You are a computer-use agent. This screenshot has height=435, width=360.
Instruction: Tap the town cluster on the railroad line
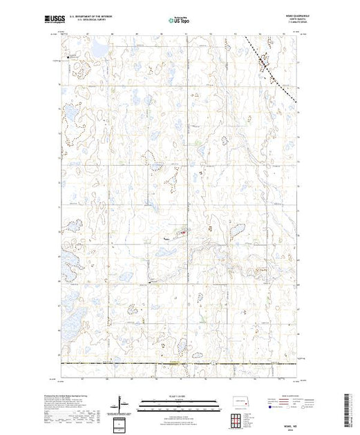(x=263, y=66)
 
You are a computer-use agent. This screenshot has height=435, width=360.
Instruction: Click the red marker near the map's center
(x=182, y=233)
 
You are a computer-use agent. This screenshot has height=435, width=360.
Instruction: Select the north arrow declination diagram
(x=121, y=402)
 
